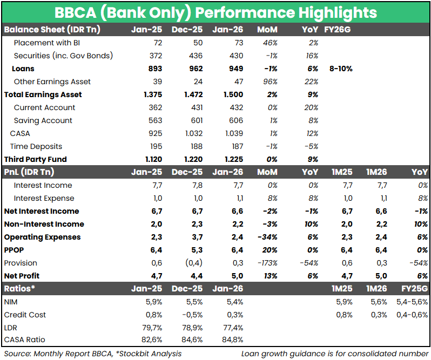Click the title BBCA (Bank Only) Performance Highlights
[215, 12]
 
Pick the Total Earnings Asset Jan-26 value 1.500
[232, 94]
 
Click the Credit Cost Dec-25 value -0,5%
[191, 315]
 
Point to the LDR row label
[11, 328]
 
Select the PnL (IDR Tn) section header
[30, 172]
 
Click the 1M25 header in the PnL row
[341, 172]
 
